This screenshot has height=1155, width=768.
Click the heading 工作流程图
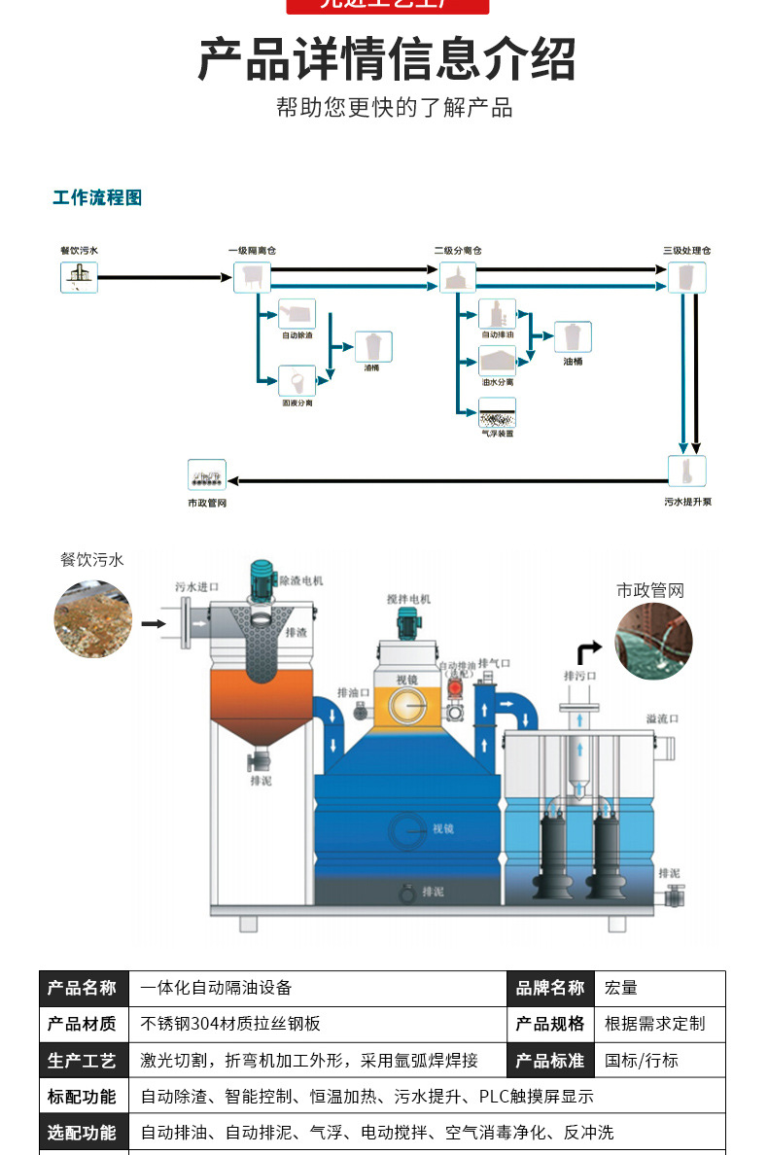pyautogui.click(x=97, y=198)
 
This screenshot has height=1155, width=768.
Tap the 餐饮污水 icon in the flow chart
pyautogui.click(x=79, y=277)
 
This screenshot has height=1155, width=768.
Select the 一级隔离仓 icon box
pyautogui.click(x=252, y=277)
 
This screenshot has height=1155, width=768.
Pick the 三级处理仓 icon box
pyautogui.click(x=686, y=277)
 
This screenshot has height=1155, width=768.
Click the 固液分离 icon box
pyautogui.click(x=297, y=380)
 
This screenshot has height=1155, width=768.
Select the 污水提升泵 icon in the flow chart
pyautogui.click(x=686, y=472)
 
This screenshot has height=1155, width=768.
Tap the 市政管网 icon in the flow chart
pyautogui.click(x=207, y=475)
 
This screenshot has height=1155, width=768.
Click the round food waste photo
pyautogui.click(x=93, y=618)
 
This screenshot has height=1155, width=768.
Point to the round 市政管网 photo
pyautogui.click(x=653, y=642)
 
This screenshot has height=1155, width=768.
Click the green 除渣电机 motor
pyautogui.click(x=261, y=580)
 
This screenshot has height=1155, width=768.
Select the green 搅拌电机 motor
pyautogui.click(x=407, y=622)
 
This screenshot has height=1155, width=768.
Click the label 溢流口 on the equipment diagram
pyautogui.click(x=662, y=718)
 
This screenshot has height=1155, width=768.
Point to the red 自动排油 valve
pyautogui.click(x=454, y=688)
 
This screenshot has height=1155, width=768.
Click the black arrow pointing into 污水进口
pyautogui.click(x=154, y=623)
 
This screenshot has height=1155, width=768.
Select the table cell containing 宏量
pyautogui.click(x=664, y=988)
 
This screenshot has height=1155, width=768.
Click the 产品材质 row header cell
pyautogui.click(x=84, y=1024)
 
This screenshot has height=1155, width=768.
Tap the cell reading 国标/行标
pyautogui.click(x=664, y=1060)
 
